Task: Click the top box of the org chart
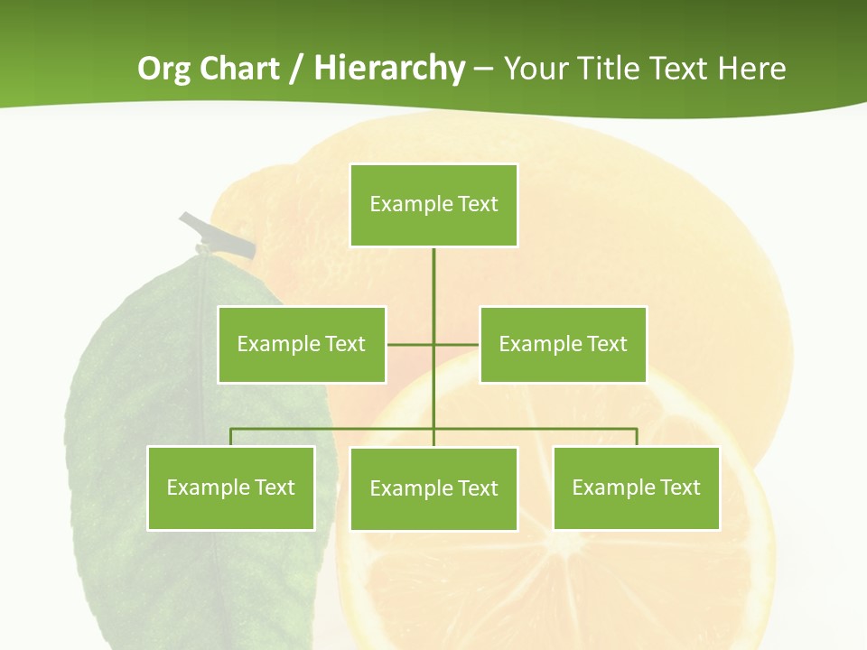point(433,205)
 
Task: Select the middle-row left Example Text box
point(302,344)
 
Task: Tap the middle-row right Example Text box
point(563,344)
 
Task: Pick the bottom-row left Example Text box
point(231,487)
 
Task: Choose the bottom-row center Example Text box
point(433,488)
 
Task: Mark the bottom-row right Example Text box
point(636,487)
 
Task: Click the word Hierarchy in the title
point(389,69)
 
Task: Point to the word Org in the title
point(165,69)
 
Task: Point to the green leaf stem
point(217,233)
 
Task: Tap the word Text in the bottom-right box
point(679,487)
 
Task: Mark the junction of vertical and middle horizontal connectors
point(433,344)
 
